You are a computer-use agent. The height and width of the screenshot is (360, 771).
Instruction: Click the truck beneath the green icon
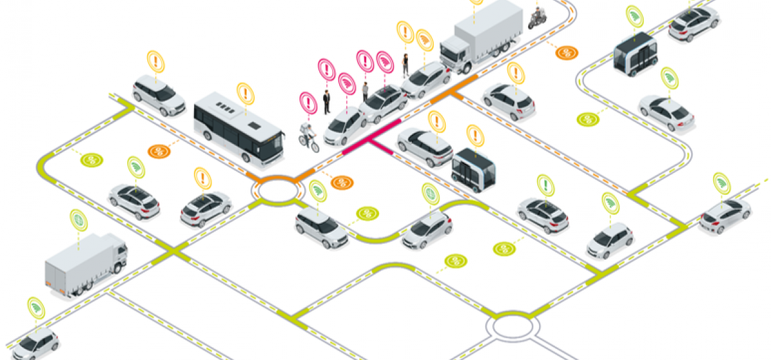(85, 264)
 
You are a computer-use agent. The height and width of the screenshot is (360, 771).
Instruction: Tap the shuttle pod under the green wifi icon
(635, 53)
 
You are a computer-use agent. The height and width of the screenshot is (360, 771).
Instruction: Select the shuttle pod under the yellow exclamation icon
(474, 168)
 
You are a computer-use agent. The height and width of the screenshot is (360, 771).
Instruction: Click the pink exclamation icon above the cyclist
(308, 102)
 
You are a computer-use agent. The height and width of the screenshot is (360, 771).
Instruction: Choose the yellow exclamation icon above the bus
(245, 94)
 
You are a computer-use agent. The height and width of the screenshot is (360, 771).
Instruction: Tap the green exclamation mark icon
(545, 184)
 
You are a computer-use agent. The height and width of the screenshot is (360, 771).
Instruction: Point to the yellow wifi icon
(424, 40)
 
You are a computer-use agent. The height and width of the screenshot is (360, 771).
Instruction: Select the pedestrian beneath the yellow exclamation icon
(405, 64)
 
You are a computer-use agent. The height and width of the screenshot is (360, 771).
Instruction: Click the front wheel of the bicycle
(314, 147)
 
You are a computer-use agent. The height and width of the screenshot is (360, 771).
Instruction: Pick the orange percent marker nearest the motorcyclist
(566, 53)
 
